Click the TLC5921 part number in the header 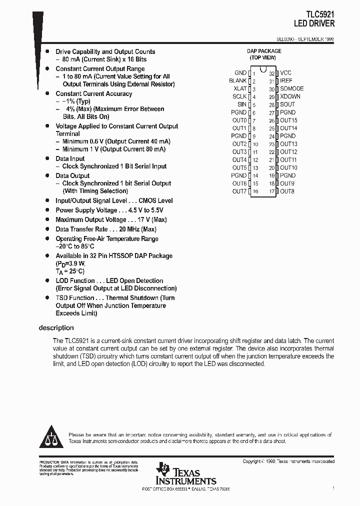[320, 15]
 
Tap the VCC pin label [285, 73]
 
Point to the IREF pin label [286, 81]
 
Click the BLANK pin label [238, 81]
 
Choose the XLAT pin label [240, 89]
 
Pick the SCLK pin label [239, 96]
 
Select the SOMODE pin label [291, 89]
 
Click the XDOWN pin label [290, 96]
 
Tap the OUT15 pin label [288, 120]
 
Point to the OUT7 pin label [239, 191]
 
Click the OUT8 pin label [287, 191]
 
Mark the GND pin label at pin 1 [240, 73]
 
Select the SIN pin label [241, 104]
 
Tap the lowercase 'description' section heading [56, 328]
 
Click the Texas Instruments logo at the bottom [186, 474]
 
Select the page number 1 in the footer [333, 487]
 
